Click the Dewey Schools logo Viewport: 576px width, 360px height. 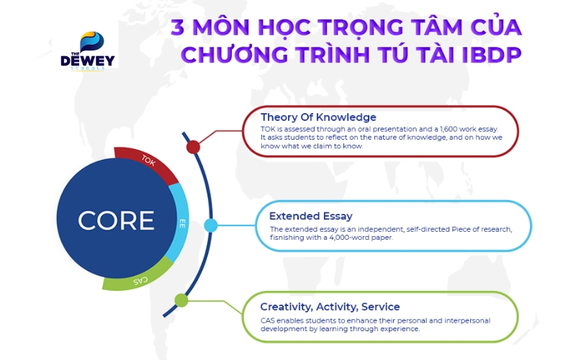click(88, 50)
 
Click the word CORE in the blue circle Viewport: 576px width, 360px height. click(116, 220)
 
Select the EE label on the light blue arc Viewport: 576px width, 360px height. click(181, 224)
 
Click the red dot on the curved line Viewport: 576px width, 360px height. click(193, 147)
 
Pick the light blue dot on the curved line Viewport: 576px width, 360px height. click(211, 225)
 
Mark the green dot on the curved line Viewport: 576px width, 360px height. click(181, 300)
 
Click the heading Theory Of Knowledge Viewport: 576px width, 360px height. click(318, 117)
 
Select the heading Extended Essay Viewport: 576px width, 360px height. click(311, 216)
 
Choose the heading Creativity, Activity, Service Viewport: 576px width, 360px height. click(330, 307)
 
